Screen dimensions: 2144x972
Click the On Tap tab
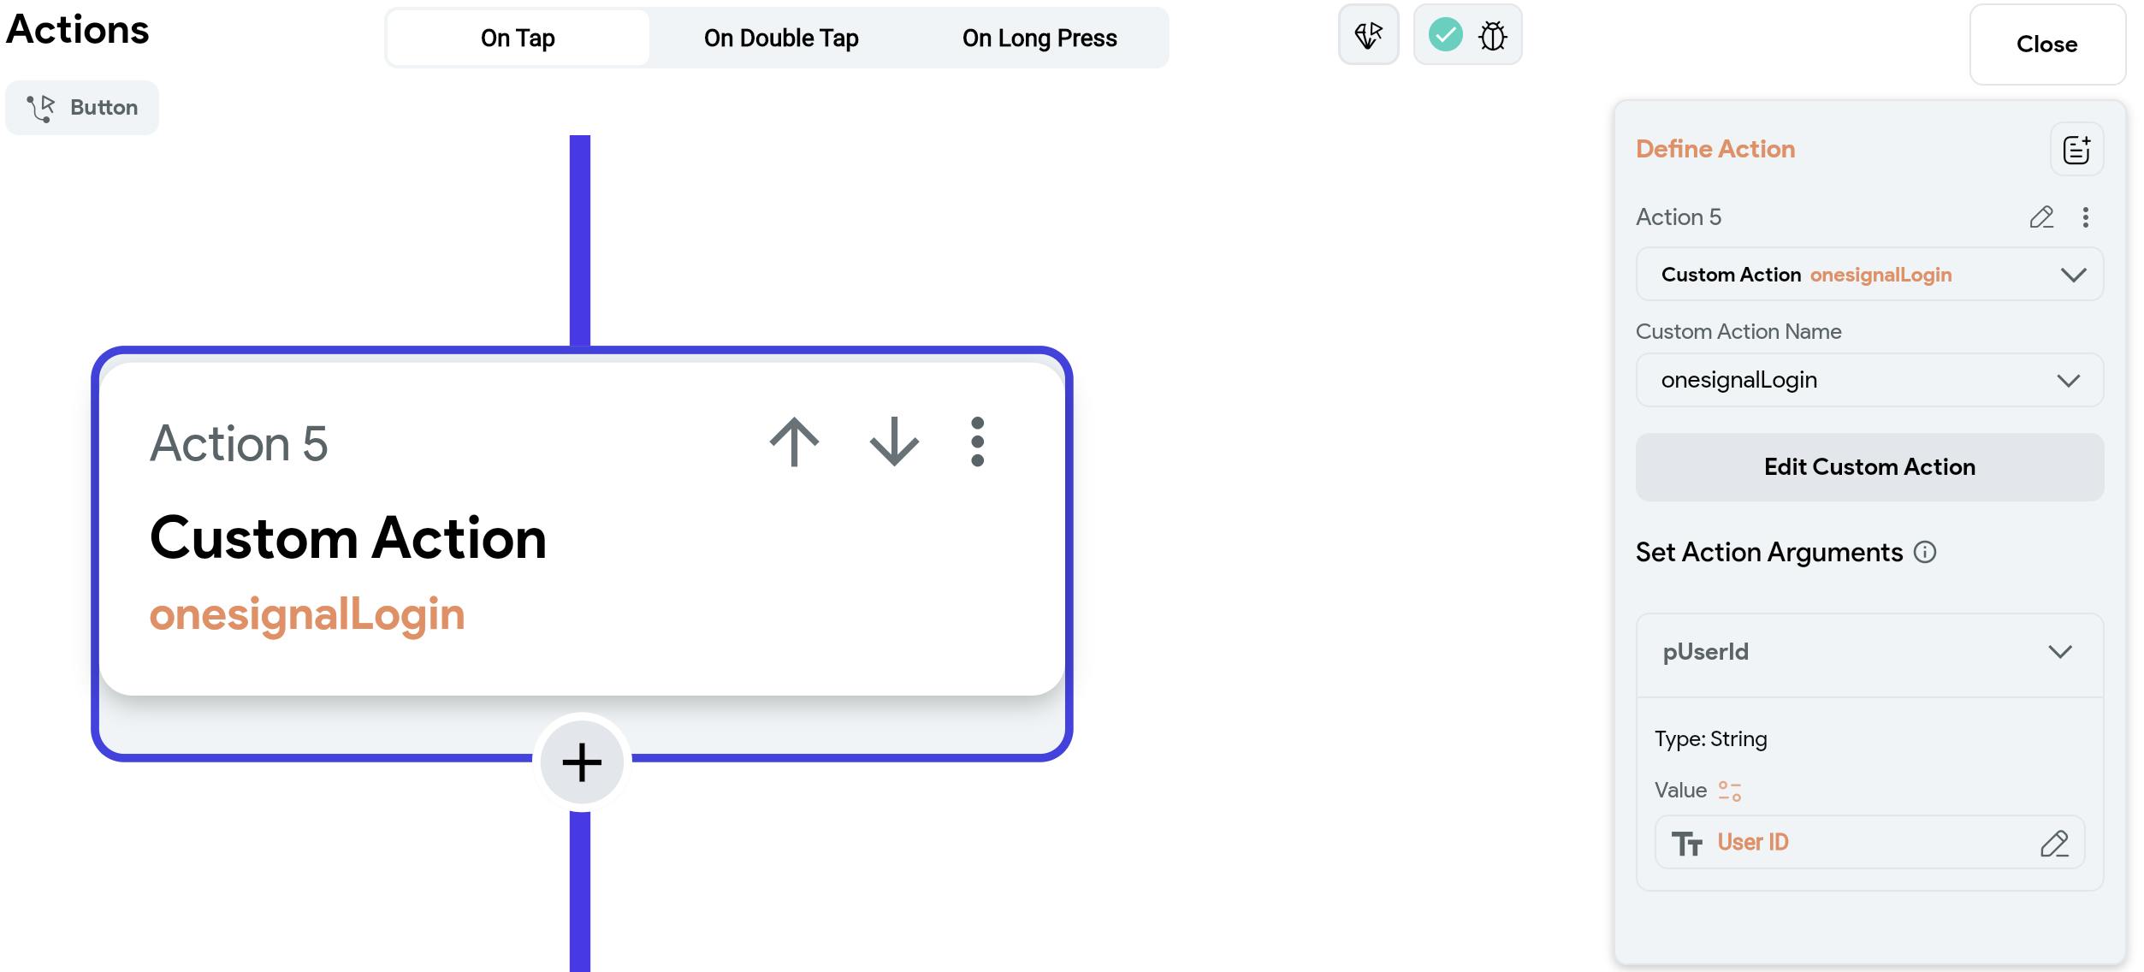tap(518, 38)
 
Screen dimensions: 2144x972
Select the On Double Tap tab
tap(781, 38)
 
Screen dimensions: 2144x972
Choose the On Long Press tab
tap(1039, 38)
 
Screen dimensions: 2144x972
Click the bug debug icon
tap(1493, 35)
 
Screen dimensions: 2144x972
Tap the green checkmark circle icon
tap(1445, 35)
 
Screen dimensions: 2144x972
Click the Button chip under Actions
tap(82, 108)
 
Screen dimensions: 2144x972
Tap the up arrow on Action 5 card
tap(794, 442)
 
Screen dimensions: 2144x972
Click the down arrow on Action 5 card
tap(894, 442)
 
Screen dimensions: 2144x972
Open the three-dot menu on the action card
tap(978, 442)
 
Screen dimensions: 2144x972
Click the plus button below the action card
tap(582, 762)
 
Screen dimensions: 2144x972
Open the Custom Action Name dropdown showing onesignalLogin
tap(1869, 380)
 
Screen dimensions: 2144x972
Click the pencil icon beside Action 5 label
tap(2041, 217)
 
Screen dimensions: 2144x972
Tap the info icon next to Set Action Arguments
tap(1925, 552)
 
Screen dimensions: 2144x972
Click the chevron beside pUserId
tap(2060, 652)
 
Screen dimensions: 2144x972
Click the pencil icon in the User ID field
tap(2054, 844)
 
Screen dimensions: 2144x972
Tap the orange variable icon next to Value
tap(1730, 791)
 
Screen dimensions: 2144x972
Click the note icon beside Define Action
tap(2076, 150)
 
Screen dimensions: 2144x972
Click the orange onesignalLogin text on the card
tap(307, 614)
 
